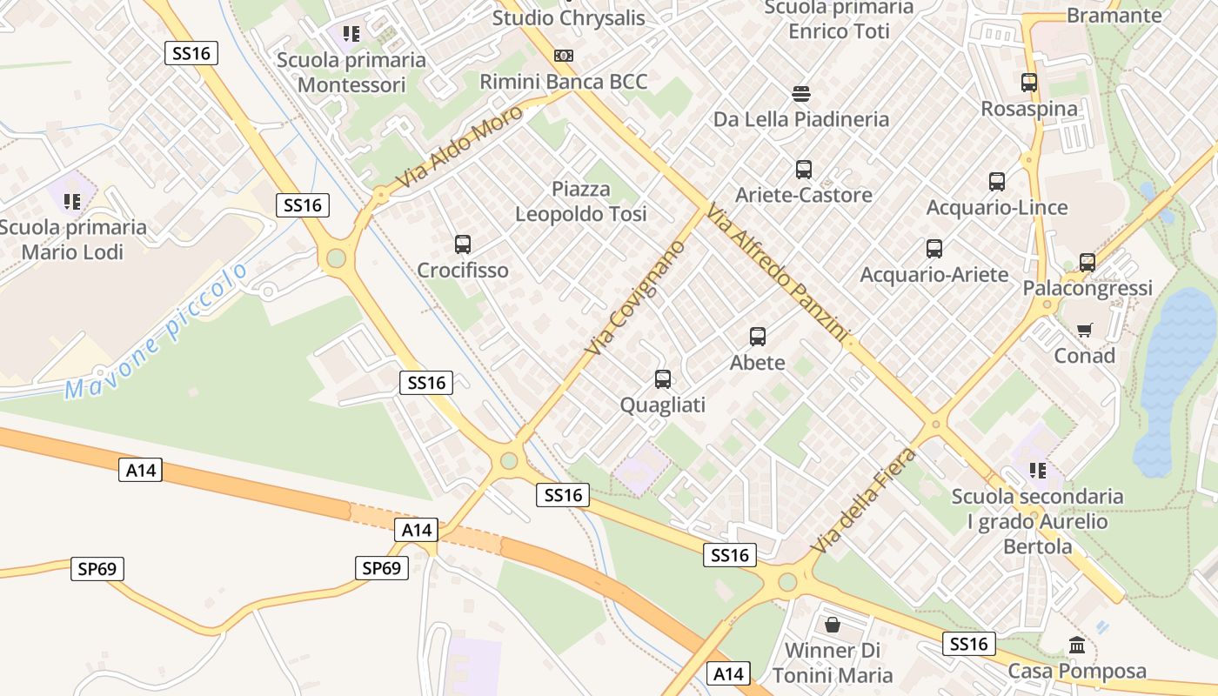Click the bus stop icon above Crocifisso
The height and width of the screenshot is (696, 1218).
tap(463, 244)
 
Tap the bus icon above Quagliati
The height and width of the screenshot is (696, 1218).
tap(663, 379)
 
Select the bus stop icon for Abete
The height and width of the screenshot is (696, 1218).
tap(758, 337)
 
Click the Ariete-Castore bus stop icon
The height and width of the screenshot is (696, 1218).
tap(804, 170)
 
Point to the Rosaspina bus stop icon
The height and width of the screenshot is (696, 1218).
tap(1029, 83)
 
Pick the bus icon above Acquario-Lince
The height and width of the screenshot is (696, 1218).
tap(997, 182)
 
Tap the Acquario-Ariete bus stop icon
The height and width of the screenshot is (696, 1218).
tap(934, 249)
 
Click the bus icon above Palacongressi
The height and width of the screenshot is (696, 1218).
tap(1087, 262)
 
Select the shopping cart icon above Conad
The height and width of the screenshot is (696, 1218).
tap(1084, 330)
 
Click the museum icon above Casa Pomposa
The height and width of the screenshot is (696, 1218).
tap(1077, 646)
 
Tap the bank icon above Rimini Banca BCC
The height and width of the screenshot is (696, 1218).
tap(564, 56)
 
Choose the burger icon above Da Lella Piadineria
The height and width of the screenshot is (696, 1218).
tap(801, 93)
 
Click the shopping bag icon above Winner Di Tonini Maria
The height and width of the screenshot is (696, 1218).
tap(833, 625)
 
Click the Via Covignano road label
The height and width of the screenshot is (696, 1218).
tap(635, 298)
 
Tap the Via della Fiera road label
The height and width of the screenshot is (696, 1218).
tap(863, 500)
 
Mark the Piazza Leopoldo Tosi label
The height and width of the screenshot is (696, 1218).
tap(581, 201)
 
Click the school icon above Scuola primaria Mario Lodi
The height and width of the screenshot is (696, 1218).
tap(72, 202)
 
